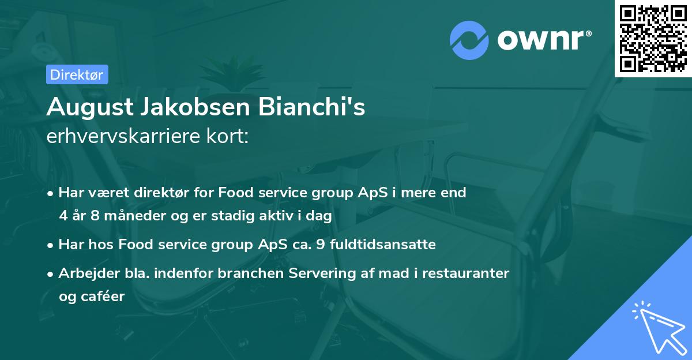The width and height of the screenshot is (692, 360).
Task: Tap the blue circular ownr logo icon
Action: click(469, 40)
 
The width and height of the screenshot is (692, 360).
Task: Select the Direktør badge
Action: click(77, 74)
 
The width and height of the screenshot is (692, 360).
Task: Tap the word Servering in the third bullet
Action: click(329, 273)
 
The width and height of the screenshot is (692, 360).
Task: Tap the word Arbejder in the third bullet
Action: click(84, 273)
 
